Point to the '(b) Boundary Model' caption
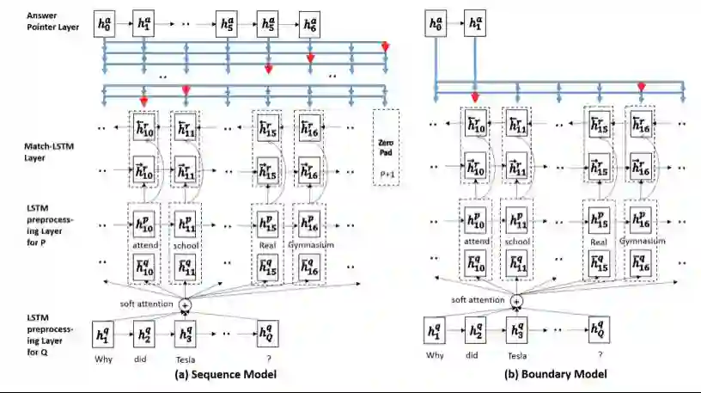pyautogui.click(x=558, y=374)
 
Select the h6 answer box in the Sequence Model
pyautogui.click(x=310, y=26)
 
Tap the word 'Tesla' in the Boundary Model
pyautogui.click(x=515, y=354)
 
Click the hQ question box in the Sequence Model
pyautogui.click(x=267, y=331)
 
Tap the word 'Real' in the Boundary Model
pyautogui.click(x=600, y=242)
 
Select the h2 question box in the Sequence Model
pyautogui.click(x=142, y=331)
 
